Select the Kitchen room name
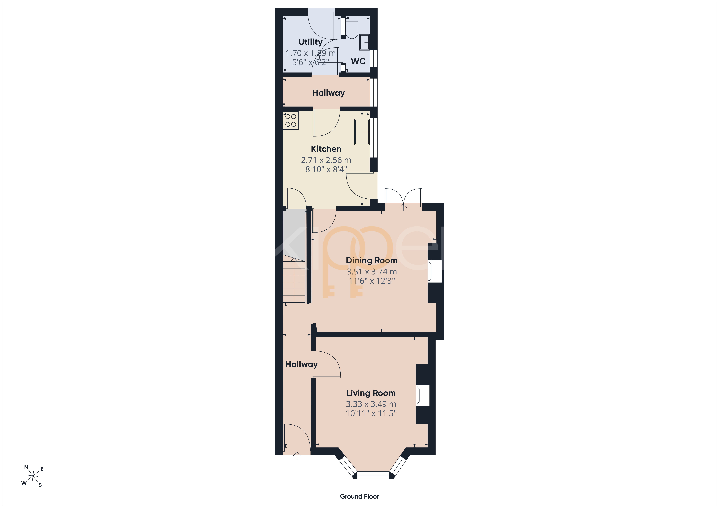click(326, 149)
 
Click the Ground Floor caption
click(359, 496)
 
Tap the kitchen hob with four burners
click(291, 121)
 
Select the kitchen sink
click(362, 132)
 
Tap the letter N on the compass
click(26, 467)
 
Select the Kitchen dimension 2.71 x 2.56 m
click(326, 160)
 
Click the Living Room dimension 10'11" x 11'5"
click(371, 413)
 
